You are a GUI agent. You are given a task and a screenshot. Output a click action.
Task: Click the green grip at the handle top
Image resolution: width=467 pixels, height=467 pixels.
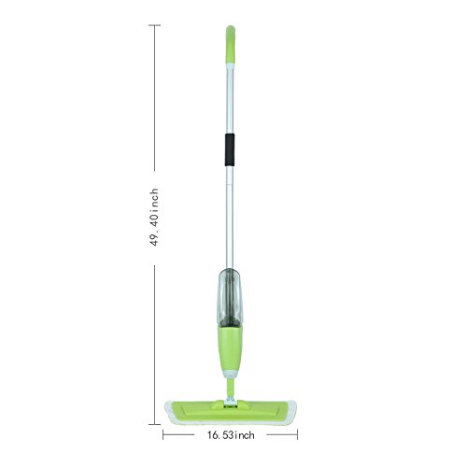pos(231,45)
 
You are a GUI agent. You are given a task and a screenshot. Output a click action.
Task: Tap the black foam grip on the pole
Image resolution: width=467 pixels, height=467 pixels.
pos(230,149)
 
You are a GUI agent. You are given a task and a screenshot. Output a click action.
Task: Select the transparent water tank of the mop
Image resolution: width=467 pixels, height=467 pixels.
pos(229,297)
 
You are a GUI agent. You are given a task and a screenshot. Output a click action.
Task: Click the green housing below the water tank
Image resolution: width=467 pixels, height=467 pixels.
pos(230,348)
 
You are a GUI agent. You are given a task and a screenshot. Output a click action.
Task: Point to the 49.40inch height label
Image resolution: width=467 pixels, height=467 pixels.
pos(155,218)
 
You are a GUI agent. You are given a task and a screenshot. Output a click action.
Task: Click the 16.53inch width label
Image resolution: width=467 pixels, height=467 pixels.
pos(231,435)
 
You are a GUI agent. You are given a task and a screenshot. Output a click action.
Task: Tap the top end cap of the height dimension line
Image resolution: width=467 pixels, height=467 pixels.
pos(155,25)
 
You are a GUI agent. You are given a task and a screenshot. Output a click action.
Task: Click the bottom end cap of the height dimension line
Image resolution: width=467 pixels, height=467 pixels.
pos(155,424)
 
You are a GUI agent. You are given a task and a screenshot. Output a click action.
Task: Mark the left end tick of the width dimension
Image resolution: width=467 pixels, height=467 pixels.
pos(163,434)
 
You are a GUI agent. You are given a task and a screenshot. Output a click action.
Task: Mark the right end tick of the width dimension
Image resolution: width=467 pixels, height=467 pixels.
pos(297,434)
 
